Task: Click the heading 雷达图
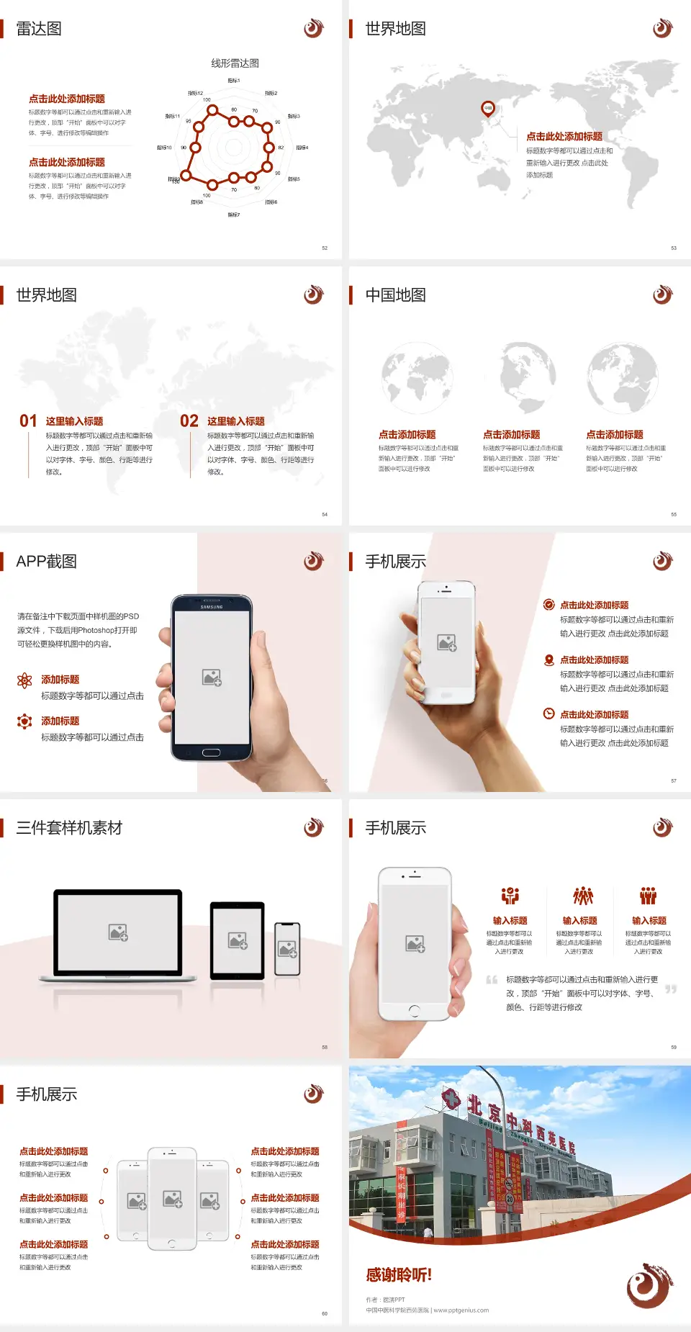pos(39,29)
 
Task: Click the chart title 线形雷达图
pos(235,63)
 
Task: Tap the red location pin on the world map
pos(488,109)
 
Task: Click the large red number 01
pos(28,421)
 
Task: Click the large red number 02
pos(189,421)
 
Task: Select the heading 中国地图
pos(395,295)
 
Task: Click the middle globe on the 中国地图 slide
pos(520,376)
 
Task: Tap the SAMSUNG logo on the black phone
pos(212,607)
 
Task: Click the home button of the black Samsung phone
pos(211,753)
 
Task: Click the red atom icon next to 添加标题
pos(24,680)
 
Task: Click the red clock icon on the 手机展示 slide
pos(548,714)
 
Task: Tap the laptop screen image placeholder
pos(118,932)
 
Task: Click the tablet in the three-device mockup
pos(238,940)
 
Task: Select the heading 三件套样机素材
pos(69,828)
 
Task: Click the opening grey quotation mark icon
pos(492,980)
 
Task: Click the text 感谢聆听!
pos(399,1275)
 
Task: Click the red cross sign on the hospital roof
pos(451,1099)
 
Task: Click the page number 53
pos(674,248)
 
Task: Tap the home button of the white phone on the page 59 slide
pos(414,1011)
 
